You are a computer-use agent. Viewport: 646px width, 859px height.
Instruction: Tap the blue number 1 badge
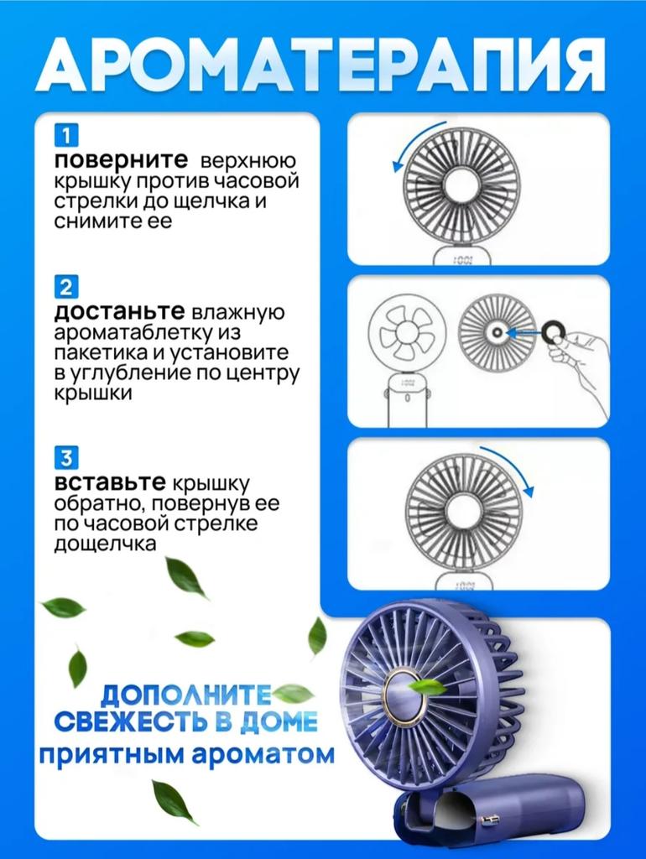pos(66,135)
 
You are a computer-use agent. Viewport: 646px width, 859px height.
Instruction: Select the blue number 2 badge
pos(66,287)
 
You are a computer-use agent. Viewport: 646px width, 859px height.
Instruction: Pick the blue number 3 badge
pos(66,457)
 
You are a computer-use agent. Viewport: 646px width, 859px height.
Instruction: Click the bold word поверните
pos(121,160)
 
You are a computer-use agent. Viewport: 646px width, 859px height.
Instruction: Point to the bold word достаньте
pos(119,311)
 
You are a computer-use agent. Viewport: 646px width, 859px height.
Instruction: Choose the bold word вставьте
pos(110,482)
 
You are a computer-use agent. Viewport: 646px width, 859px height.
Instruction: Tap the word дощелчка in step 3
pos(105,544)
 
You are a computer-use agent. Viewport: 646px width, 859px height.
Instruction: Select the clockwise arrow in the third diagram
pos(513,463)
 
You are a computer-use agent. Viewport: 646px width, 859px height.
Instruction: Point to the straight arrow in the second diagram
pos(524,332)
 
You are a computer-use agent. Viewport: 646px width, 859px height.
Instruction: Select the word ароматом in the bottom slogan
pos(263,755)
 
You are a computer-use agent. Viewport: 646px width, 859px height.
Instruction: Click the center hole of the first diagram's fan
pos(462,185)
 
